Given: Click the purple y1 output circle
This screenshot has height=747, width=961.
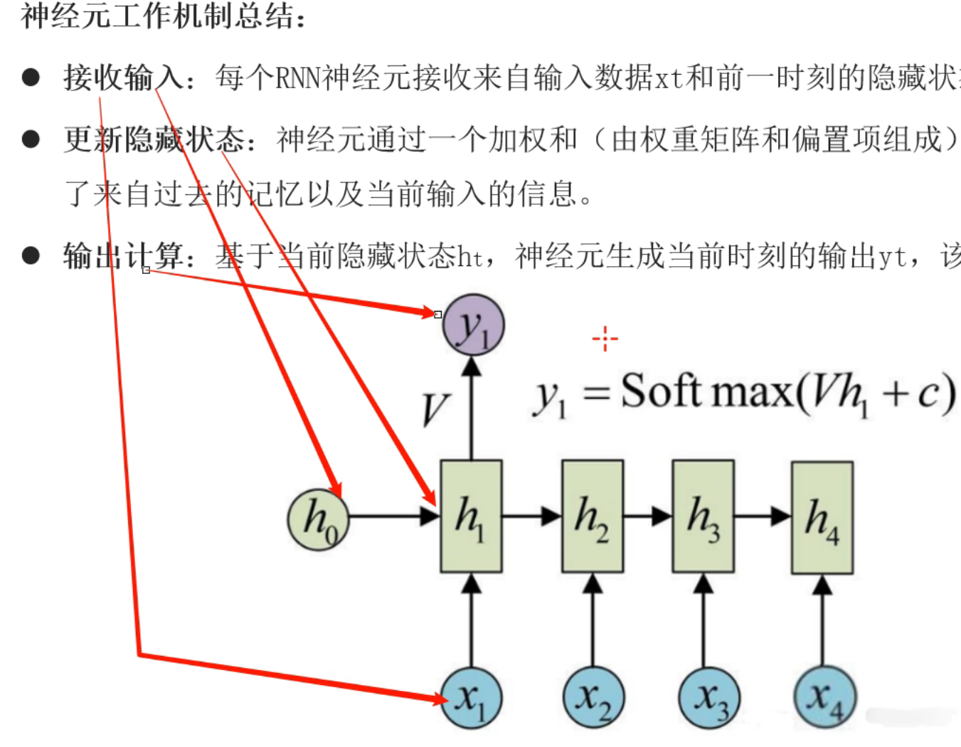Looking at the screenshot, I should pos(473,326).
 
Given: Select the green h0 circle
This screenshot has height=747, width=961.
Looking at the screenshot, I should pos(318,520).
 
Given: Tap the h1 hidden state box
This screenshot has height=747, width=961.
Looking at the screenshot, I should pos(471,516).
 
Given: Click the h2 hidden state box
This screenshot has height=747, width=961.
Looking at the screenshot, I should pos(592,516).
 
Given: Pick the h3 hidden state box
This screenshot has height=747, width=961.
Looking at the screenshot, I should pos(703,516).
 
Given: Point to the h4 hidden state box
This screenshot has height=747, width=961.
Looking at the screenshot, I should pos(822,517).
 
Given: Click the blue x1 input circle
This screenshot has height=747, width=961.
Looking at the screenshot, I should pos(471,698).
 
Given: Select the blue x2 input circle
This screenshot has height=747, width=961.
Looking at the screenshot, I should pos(593,699).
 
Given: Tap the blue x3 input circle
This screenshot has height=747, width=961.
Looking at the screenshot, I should pos(709,699).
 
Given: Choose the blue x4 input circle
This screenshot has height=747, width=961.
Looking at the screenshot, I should pos(824,699).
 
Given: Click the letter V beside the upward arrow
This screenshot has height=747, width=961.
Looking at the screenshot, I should pos(435,410).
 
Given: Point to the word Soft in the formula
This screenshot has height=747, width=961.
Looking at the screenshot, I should pos(661,391).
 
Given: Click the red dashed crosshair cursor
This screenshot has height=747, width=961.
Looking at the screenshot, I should pos(605,339).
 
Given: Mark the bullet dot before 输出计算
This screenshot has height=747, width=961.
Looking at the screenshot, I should pos(31,255).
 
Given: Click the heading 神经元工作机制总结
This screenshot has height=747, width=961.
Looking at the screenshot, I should pos(162,16).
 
